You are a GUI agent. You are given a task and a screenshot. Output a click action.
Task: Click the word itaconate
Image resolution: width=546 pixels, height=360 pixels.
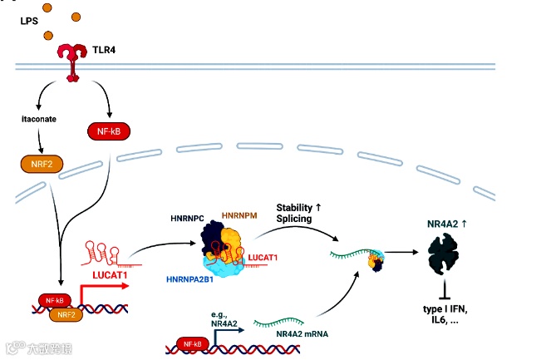click(x=40, y=119)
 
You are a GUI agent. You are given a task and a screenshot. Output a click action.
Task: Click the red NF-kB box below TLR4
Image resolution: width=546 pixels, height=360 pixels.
click(x=107, y=130)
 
